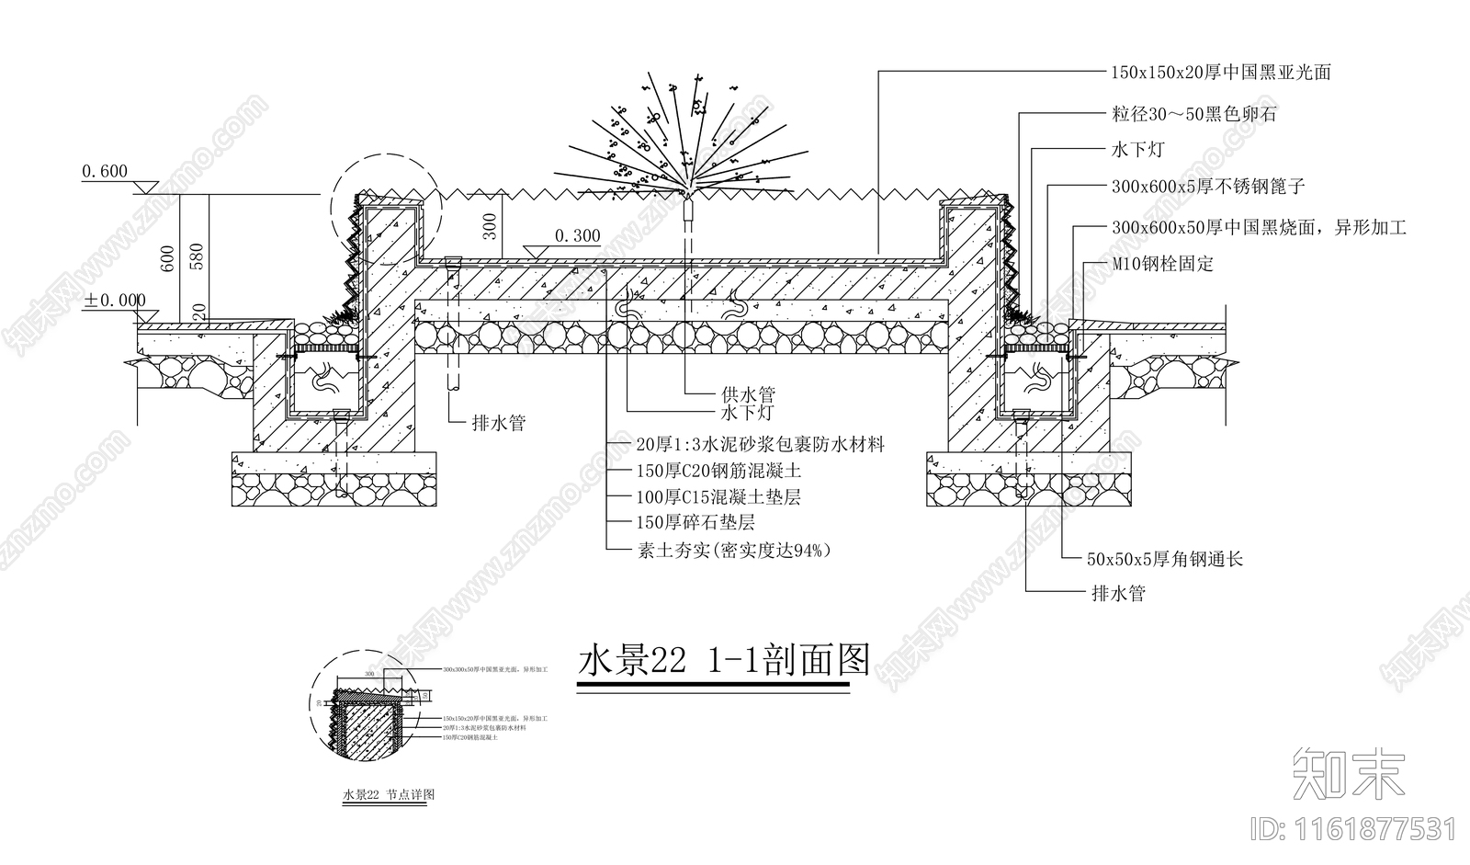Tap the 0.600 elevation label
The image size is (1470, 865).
coord(104,172)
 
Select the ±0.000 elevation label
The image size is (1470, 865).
coord(115,301)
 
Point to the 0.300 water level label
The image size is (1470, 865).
coord(576,236)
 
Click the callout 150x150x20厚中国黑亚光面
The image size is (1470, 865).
coord(1221,73)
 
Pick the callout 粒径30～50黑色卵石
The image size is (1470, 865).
coord(1193,115)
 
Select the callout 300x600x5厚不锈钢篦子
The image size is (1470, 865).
coord(1207,187)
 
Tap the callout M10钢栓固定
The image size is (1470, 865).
coord(1162,265)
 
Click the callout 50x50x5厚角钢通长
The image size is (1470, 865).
coord(1164,559)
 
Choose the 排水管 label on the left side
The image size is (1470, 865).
coord(498,424)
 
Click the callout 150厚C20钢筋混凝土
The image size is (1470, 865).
coord(718,472)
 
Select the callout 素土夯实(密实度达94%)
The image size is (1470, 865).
coord(733,551)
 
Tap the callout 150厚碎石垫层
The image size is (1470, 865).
coord(695,523)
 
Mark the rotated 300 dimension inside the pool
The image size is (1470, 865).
coord(491,226)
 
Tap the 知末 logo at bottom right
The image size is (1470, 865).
coord(1348,773)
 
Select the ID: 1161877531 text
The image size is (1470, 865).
coord(1354,830)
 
